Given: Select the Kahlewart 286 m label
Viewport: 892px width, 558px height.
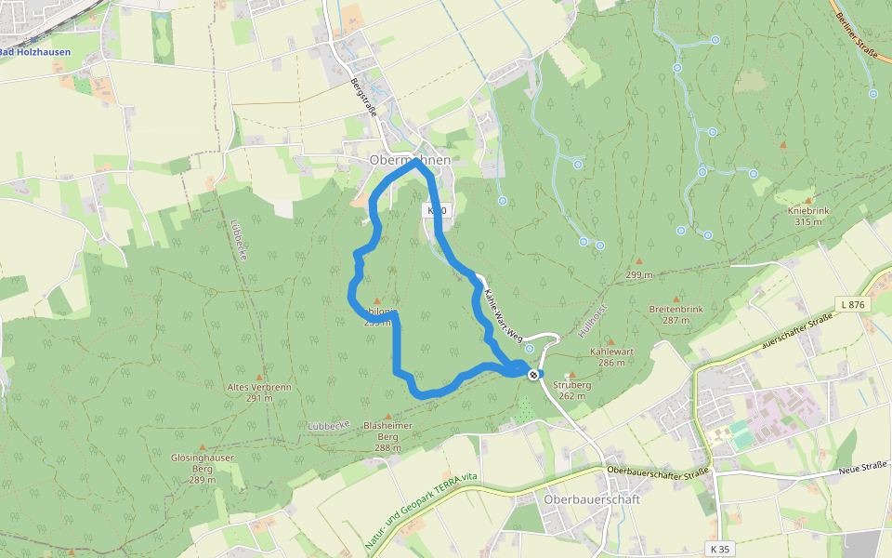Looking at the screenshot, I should pyautogui.click(x=610, y=358).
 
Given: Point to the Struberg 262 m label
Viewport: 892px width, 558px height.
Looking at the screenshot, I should pyautogui.click(x=571, y=390).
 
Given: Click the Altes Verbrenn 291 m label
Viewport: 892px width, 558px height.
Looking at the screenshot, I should pyautogui.click(x=250, y=392).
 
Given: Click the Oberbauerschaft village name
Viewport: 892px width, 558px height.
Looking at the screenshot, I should pyautogui.click(x=592, y=499).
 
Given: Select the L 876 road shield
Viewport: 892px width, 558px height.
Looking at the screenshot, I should pyautogui.click(x=852, y=304).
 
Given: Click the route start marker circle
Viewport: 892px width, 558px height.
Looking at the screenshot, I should pyautogui.click(x=533, y=374).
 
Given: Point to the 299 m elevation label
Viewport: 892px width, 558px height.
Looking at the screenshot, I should pyautogui.click(x=638, y=275).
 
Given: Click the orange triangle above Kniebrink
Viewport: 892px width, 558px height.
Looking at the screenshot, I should pyautogui.click(x=782, y=145).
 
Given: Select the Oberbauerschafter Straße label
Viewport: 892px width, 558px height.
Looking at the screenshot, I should pyautogui.click(x=658, y=470).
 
